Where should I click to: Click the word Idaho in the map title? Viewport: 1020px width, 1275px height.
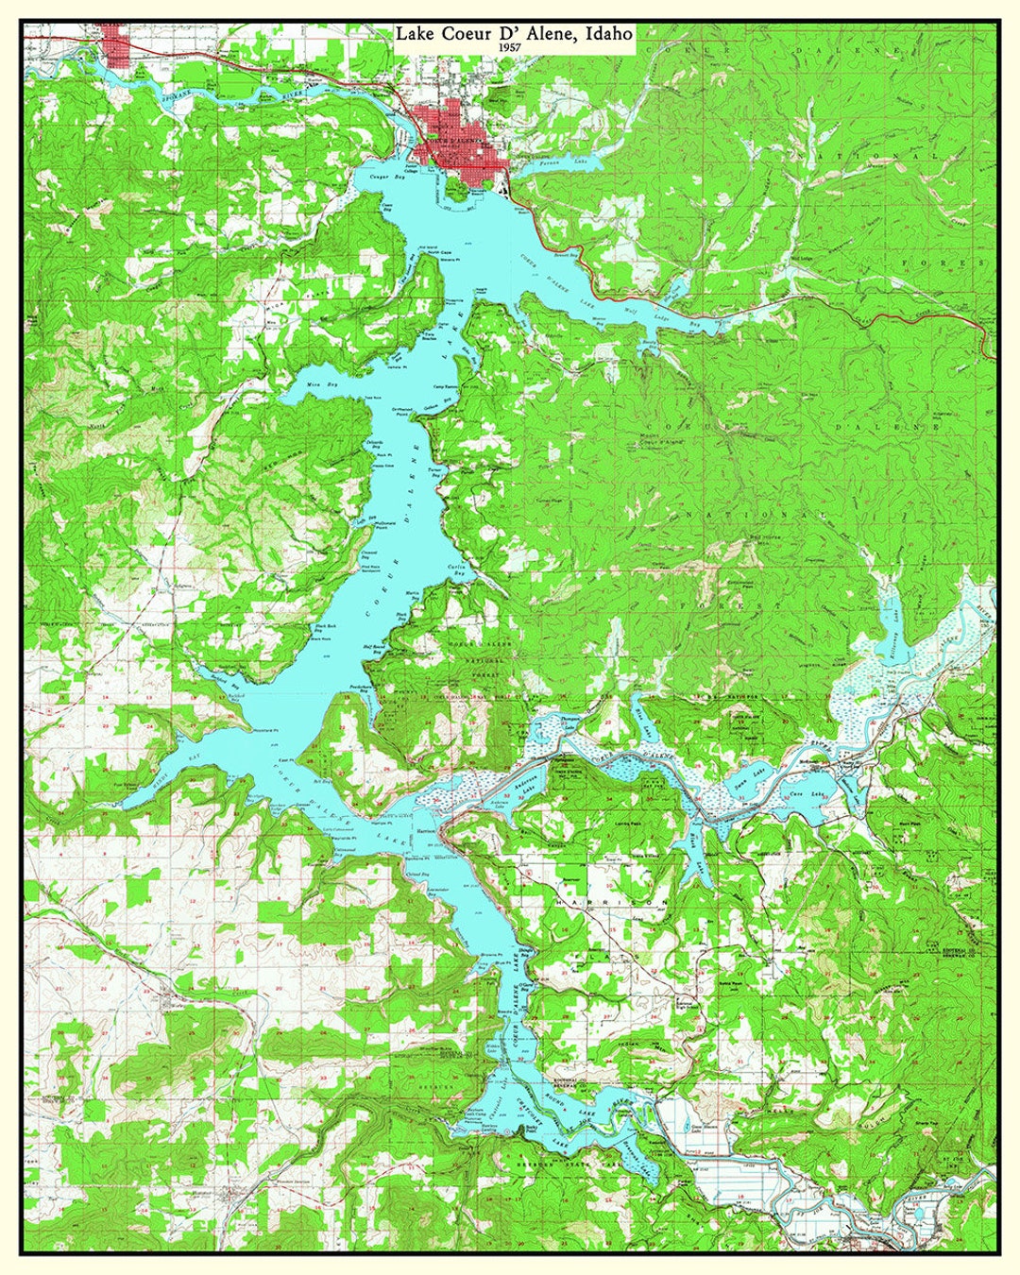(x=608, y=33)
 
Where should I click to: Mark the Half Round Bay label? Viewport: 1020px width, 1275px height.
(x=376, y=649)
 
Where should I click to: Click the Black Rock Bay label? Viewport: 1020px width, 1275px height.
(x=326, y=628)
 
